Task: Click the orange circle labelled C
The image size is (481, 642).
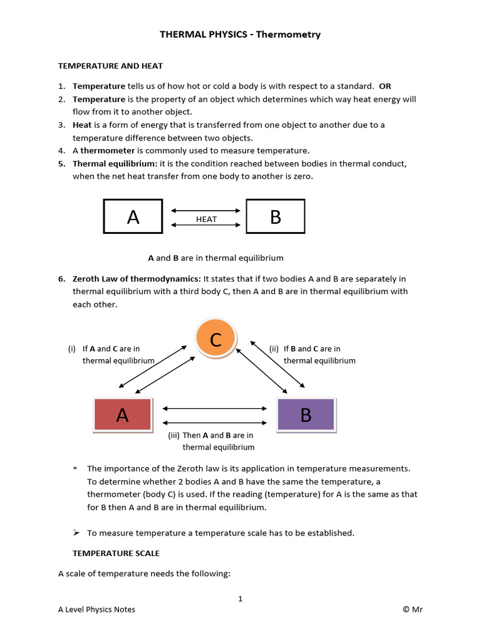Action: click(x=215, y=340)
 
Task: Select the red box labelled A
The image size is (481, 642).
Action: click(x=122, y=414)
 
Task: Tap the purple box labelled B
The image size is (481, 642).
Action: click(x=306, y=414)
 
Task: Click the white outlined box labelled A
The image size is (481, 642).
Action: click(x=133, y=217)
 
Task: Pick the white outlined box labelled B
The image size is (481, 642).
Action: click(x=276, y=217)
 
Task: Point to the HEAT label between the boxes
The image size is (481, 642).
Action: click(x=206, y=219)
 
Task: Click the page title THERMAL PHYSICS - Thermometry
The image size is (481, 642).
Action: click(x=240, y=34)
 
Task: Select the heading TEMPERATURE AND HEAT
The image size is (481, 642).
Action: click(x=110, y=65)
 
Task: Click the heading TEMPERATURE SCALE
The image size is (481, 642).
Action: click(x=116, y=553)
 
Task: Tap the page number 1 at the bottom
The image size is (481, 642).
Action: click(x=240, y=599)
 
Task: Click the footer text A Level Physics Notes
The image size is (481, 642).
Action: click(x=96, y=609)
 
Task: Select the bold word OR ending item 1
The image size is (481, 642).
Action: click(x=385, y=86)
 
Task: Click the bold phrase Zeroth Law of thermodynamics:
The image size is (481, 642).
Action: click(x=137, y=278)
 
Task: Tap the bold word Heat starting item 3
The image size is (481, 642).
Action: click(x=82, y=125)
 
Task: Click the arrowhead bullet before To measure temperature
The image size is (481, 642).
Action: click(x=76, y=532)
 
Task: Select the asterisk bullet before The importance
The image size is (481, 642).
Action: click(x=75, y=469)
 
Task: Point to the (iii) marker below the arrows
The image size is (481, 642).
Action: click(x=173, y=435)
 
